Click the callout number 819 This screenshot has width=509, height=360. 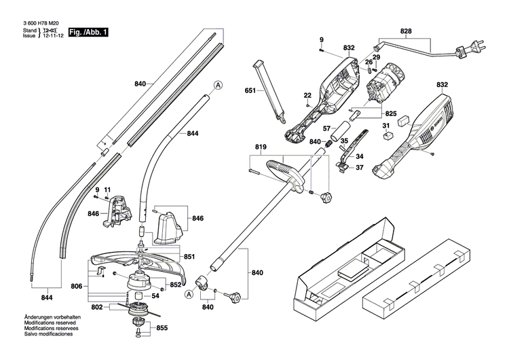pos(261,147)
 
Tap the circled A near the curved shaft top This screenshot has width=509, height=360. pos(218,85)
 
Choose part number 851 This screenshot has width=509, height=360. pos(189,256)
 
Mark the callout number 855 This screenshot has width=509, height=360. pos(162,328)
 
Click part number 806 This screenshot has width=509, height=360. pos(77,287)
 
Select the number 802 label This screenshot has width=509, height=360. pos(98,308)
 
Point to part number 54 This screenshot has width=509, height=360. pos(155,295)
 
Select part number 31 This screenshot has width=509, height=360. pos(385,125)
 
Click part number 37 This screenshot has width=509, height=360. pos(360,168)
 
